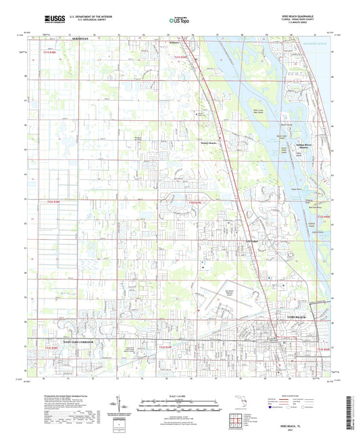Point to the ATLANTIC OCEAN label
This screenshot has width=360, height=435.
[318, 45]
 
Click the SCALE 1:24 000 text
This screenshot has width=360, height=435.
[180, 395]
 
